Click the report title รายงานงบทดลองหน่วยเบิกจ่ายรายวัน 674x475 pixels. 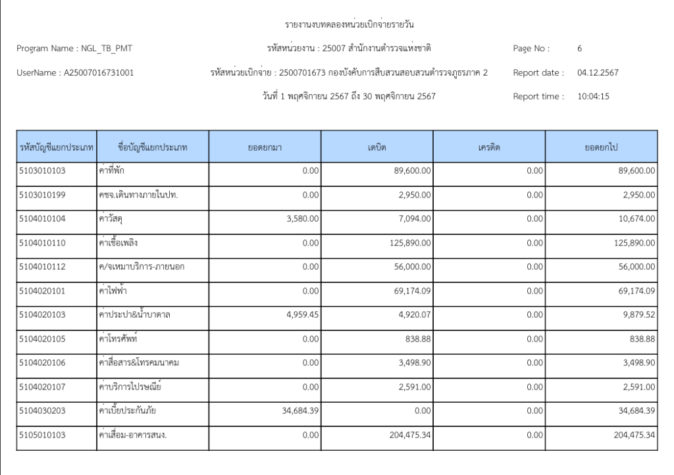[x=352, y=25]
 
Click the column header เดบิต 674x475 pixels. [x=376, y=149]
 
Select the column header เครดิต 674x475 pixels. [x=489, y=149]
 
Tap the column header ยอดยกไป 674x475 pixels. [x=601, y=149]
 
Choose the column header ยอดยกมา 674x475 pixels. [x=265, y=149]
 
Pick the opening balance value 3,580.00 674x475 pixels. [x=302, y=218]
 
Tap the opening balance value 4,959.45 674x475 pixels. [x=302, y=314]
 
